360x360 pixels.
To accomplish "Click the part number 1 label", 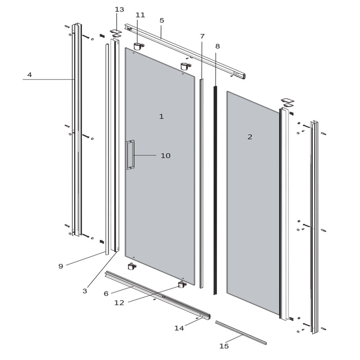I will point(161,117).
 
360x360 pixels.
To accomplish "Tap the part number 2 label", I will point(250,137).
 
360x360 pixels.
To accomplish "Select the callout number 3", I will point(85,291).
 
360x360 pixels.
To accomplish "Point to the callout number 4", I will point(29,75).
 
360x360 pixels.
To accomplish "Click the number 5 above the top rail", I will point(161,21).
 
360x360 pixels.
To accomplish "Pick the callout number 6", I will point(106,293).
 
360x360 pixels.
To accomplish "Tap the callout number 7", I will point(202,37).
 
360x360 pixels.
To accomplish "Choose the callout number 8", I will point(218,46).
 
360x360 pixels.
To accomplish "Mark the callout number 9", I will point(61,266).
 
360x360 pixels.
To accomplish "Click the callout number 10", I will point(165,155).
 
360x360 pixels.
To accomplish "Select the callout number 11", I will point(140,15).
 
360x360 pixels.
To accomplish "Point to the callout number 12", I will point(119,303).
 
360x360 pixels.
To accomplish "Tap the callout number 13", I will point(119,10).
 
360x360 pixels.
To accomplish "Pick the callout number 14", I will point(178,328).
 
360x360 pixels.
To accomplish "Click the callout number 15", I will point(224,346).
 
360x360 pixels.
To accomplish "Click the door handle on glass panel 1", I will point(130,154).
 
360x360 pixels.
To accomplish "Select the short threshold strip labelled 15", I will point(241,332).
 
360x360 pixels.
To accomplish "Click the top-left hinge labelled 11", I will point(138,46).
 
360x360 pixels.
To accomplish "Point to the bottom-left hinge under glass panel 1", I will point(132,266).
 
